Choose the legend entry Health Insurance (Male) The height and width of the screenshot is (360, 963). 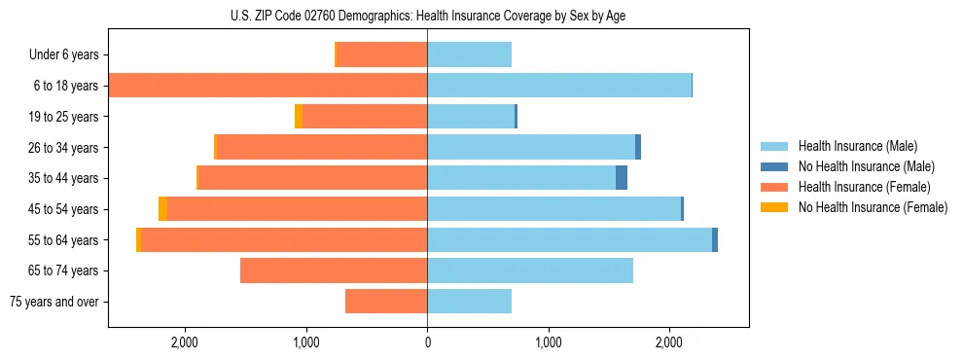[x=857, y=146]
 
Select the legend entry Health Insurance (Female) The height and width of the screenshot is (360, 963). [x=864, y=187]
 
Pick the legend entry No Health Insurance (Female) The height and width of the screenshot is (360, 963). [x=873, y=207]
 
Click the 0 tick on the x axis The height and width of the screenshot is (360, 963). [x=427, y=342]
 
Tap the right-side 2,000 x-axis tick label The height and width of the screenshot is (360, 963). [x=669, y=342]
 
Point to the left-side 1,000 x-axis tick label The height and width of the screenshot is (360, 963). [x=305, y=342]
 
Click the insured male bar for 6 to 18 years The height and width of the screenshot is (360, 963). [x=559, y=86]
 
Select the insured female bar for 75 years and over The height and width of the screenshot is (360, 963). [x=386, y=302]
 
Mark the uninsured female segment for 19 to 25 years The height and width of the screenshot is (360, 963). [x=299, y=117]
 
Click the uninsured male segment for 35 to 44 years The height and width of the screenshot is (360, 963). [x=622, y=178]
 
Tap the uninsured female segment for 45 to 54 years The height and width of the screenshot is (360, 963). [x=162, y=209]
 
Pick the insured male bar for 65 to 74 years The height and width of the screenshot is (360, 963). [x=530, y=270]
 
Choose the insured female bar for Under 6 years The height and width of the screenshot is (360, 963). [x=381, y=55]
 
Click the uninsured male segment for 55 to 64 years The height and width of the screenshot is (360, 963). [x=715, y=239]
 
